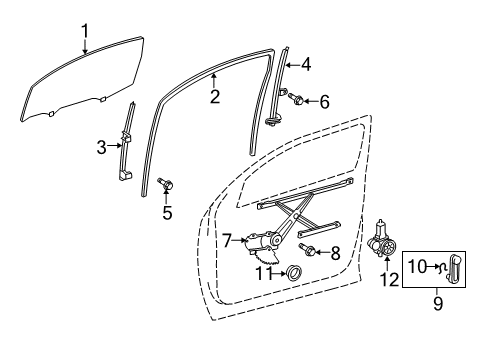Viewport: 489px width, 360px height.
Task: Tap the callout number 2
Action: pyautogui.click(x=214, y=97)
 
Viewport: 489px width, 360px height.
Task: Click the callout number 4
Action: pyautogui.click(x=305, y=65)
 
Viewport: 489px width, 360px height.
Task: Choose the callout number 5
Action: pyautogui.click(x=167, y=212)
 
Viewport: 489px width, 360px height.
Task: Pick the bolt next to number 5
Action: pyautogui.click(x=166, y=184)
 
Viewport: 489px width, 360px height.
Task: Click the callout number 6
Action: pyautogui.click(x=323, y=101)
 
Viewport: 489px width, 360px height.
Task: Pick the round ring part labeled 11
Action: pyautogui.click(x=294, y=272)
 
